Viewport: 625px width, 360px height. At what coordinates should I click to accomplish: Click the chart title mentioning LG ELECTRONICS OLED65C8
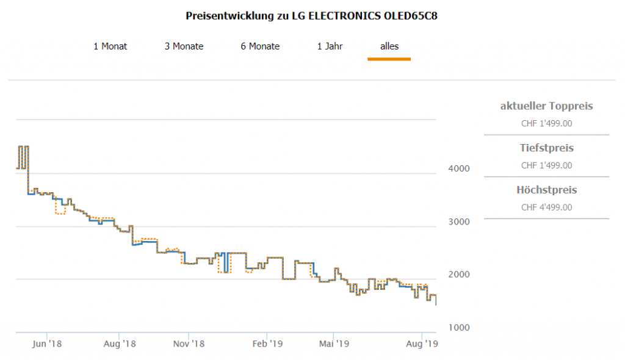pos(311,16)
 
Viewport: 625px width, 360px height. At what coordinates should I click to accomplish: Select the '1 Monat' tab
pos(110,46)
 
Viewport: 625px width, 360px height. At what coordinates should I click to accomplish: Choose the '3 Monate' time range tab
pos(184,46)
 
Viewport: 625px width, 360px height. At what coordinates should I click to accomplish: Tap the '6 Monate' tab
pos(260,46)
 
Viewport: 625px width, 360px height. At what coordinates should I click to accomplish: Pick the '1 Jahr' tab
pos(330,46)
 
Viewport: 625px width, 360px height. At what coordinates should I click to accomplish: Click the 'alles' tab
pos(389,46)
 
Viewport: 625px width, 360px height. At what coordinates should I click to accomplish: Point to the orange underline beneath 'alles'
pos(389,59)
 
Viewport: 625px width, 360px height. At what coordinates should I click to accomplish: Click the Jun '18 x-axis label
pos(47,344)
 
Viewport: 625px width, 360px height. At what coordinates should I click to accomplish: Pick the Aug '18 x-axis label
pos(119,344)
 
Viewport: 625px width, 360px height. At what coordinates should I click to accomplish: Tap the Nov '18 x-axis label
pos(189,344)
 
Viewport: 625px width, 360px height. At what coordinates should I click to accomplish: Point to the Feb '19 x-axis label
pos(267,344)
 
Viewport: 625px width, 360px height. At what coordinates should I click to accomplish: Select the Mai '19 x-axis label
pos(333,344)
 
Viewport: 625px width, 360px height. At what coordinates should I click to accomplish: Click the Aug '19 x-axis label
pos(422,344)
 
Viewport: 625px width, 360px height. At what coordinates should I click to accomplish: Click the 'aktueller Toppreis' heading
pos(546,106)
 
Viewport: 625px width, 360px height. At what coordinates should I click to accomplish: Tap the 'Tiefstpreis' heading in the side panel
pos(546,148)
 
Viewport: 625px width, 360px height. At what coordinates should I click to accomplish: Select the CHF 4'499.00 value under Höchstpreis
pos(546,207)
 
